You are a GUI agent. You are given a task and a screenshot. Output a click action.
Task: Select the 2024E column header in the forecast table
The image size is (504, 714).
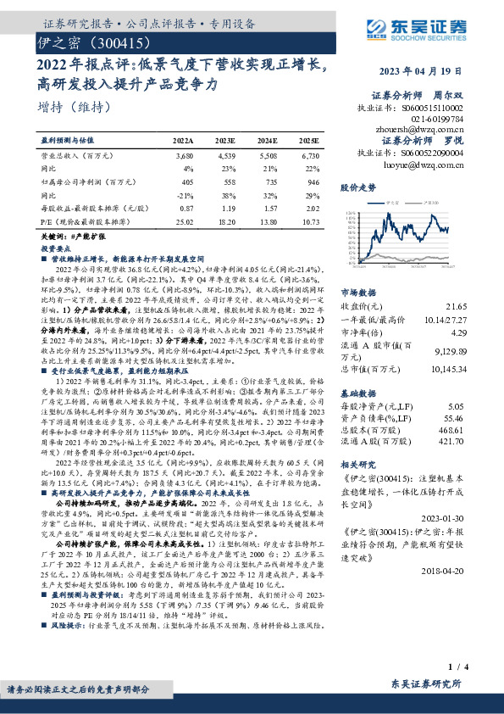point(267,141)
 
